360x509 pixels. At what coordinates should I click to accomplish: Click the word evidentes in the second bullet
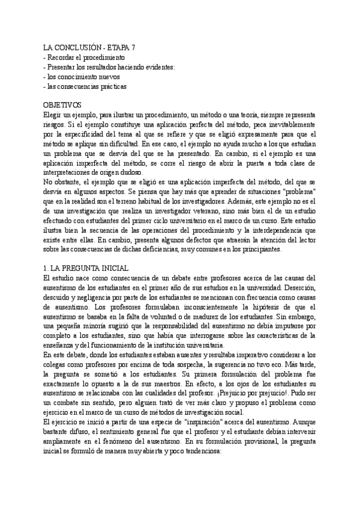(x=160, y=67)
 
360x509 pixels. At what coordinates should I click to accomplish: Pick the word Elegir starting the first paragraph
(x=53, y=115)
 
